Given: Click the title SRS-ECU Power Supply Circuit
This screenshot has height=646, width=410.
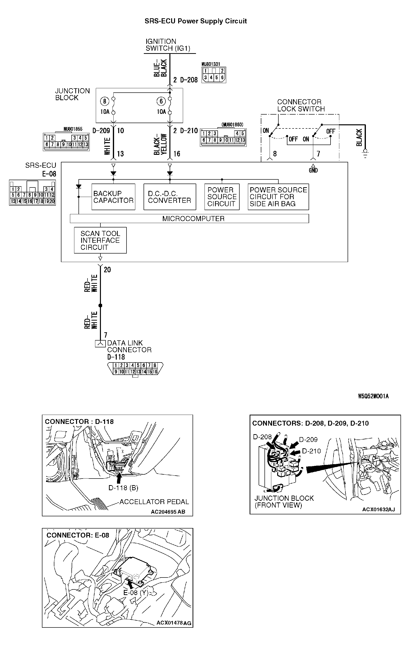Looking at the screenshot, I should (195, 21).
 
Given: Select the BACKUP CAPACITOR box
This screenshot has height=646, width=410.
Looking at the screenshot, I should (113, 197).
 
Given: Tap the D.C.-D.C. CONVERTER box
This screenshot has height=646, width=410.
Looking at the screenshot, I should (170, 197).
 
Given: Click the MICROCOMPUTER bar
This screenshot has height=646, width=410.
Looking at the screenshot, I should (193, 218).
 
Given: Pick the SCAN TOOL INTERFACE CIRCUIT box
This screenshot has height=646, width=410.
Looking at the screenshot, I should (100, 240).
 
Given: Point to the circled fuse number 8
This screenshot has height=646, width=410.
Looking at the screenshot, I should (104, 101).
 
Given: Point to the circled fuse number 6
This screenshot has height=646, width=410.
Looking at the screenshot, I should (161, 101).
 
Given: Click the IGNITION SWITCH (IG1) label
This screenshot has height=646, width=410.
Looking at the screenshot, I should (168, 45).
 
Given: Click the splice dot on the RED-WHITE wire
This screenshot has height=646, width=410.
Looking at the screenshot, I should (100, 305).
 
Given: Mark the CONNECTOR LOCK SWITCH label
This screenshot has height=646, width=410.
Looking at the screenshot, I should (301, 105).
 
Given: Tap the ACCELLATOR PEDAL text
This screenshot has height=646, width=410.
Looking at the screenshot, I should (154, 502).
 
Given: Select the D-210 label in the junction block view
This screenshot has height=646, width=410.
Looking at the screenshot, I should (311, 451).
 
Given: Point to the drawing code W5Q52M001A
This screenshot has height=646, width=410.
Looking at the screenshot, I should (373, 396).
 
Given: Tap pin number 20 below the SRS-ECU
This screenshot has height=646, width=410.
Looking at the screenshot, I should (107, 270).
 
